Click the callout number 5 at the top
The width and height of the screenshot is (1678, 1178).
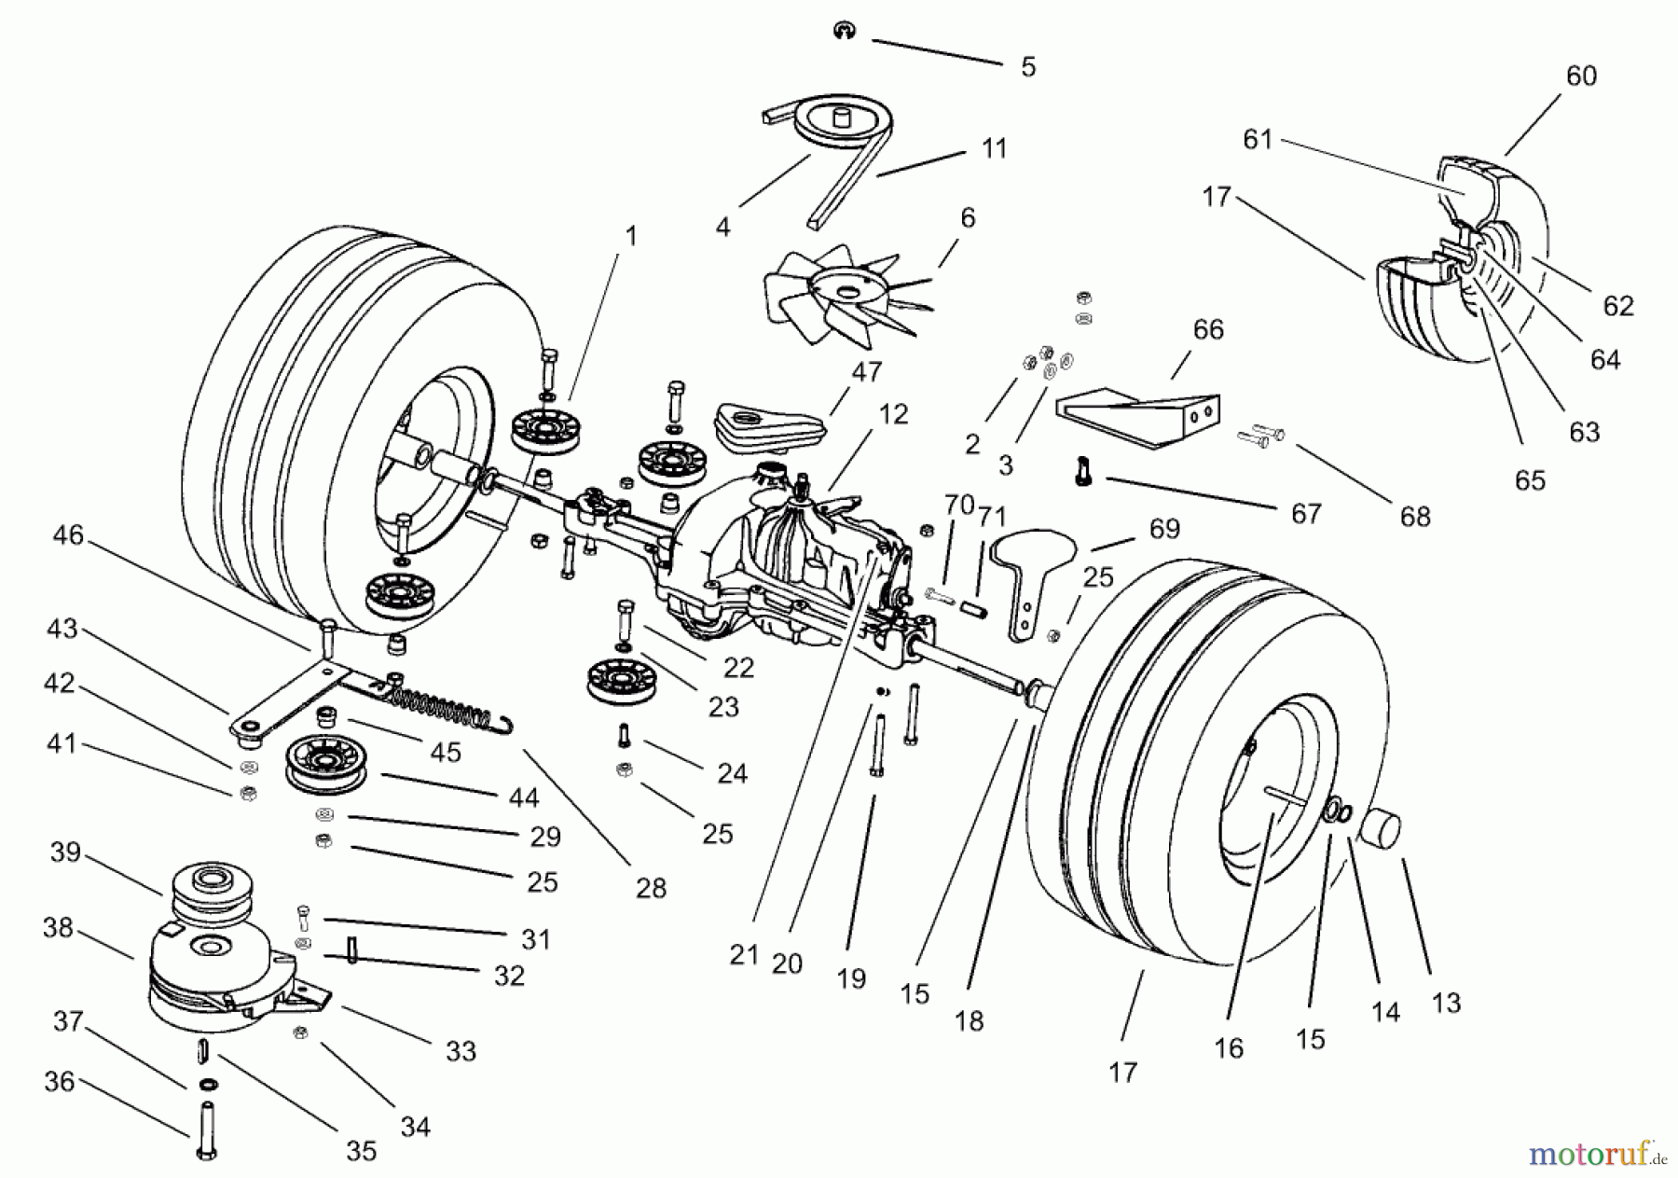[x=1027, y=67]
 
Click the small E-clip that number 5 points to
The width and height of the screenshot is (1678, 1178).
[x=842, y=32]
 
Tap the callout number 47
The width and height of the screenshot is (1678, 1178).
[x=866, y=372]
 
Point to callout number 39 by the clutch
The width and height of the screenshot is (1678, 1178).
[x=65, y=853]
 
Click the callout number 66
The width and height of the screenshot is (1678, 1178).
[x=1208, y=330]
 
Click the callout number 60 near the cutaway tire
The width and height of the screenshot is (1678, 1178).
[x=1581, y=76]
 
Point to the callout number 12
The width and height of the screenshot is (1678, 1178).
[x=893, y=414]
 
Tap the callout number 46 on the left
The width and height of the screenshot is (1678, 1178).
[x=68, y=535]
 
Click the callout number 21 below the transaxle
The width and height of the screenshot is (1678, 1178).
[x=743, y=955]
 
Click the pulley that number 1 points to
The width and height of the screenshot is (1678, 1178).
[x=545, y=432]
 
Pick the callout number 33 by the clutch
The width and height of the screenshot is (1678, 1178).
[x=461, y=1051]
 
